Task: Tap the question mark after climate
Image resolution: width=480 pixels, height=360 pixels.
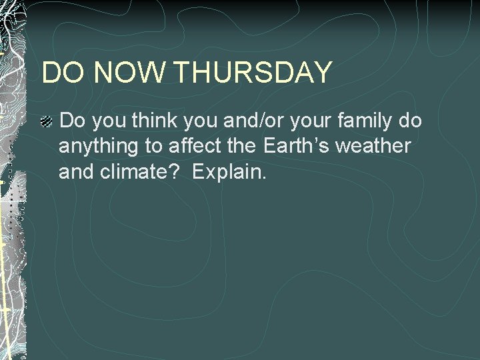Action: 171,173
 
